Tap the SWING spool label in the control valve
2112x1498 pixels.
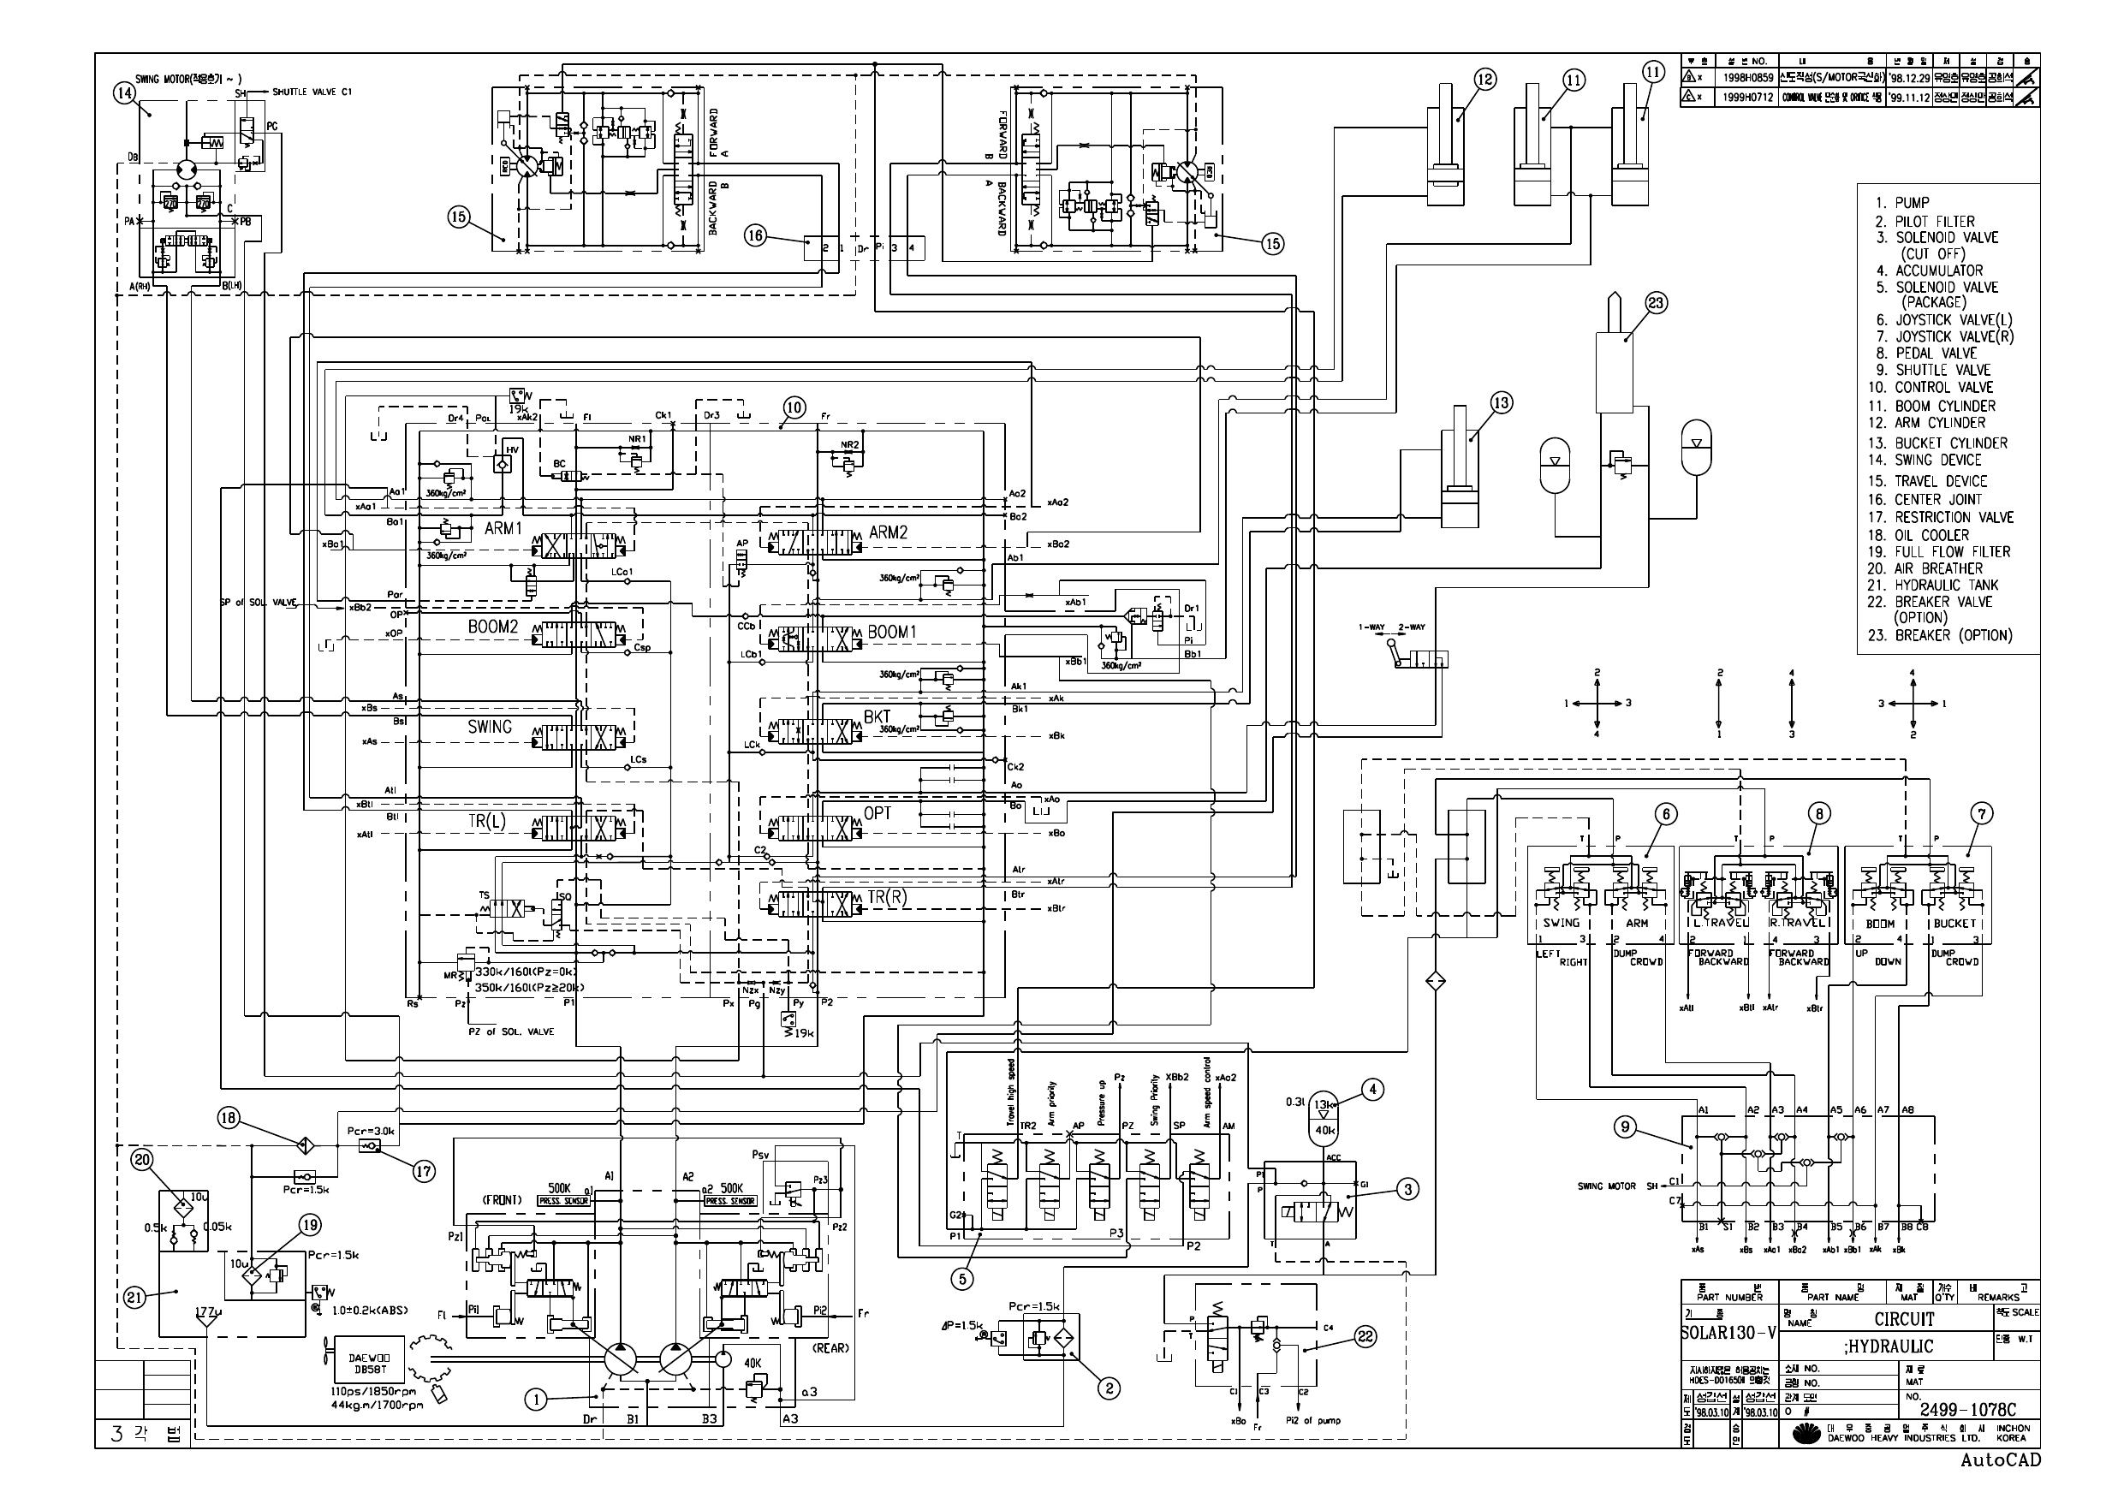click(x=489, y=727)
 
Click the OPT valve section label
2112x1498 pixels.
click(x=878, y=812)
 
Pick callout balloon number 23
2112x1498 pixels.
click(x=1657, y=304)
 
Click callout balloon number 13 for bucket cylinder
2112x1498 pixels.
click(x=1502, y=403)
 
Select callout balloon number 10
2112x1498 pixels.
click(x=794, y=407)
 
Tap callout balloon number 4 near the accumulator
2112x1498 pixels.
click(x=1372, y=1091)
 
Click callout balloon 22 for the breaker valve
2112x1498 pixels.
click(x=1365, y=1336)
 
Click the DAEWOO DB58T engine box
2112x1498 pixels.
click(x=369, y=1364)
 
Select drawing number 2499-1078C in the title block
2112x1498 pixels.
click(x=1968, y=1410)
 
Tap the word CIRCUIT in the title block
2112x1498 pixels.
click(x=1904, y=1319)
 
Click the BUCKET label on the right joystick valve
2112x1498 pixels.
click(x=1954, y=923)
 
